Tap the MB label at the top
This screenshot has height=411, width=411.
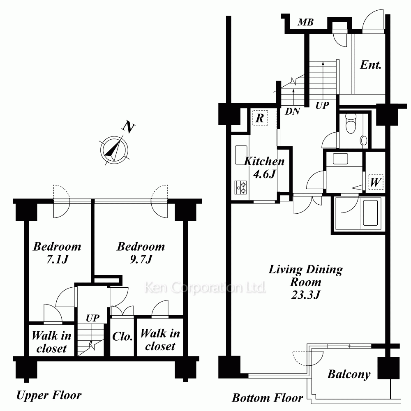click(306, 22)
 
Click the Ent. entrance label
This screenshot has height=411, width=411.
click(370, 65)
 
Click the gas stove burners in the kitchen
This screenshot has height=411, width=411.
click(240, 187)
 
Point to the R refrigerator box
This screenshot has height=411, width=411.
click(260, 118)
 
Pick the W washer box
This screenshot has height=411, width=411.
click(375, 182)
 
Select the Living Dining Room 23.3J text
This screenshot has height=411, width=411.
click(306, 282)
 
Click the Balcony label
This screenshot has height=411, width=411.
click(349, 374)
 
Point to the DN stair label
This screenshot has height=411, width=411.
click(293, 111)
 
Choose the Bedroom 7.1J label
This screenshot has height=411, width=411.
click(57, 253)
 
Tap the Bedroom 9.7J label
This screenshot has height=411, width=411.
click(141, 253)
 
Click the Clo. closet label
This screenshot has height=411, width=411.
click(122, 337)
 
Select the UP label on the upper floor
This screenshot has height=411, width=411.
click(92, 318)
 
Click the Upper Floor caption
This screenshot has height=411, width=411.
click(49, 395)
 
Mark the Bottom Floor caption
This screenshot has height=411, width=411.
click(268, 398)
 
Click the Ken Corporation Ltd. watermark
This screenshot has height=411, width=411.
click(205, 287)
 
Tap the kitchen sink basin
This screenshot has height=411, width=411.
click(241, 155)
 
